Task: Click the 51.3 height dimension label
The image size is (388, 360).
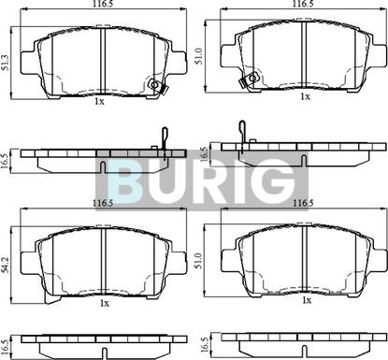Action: [x=6, y=63]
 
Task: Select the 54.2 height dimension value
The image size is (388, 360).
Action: [x=5, y=266]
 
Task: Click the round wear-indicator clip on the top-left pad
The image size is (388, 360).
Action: [x=154, y=84]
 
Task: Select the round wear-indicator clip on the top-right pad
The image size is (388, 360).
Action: [x=253, y=77]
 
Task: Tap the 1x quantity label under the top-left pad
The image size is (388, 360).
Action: [x=99, y=101]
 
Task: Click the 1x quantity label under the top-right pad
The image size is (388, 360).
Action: [x=306, y=96]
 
